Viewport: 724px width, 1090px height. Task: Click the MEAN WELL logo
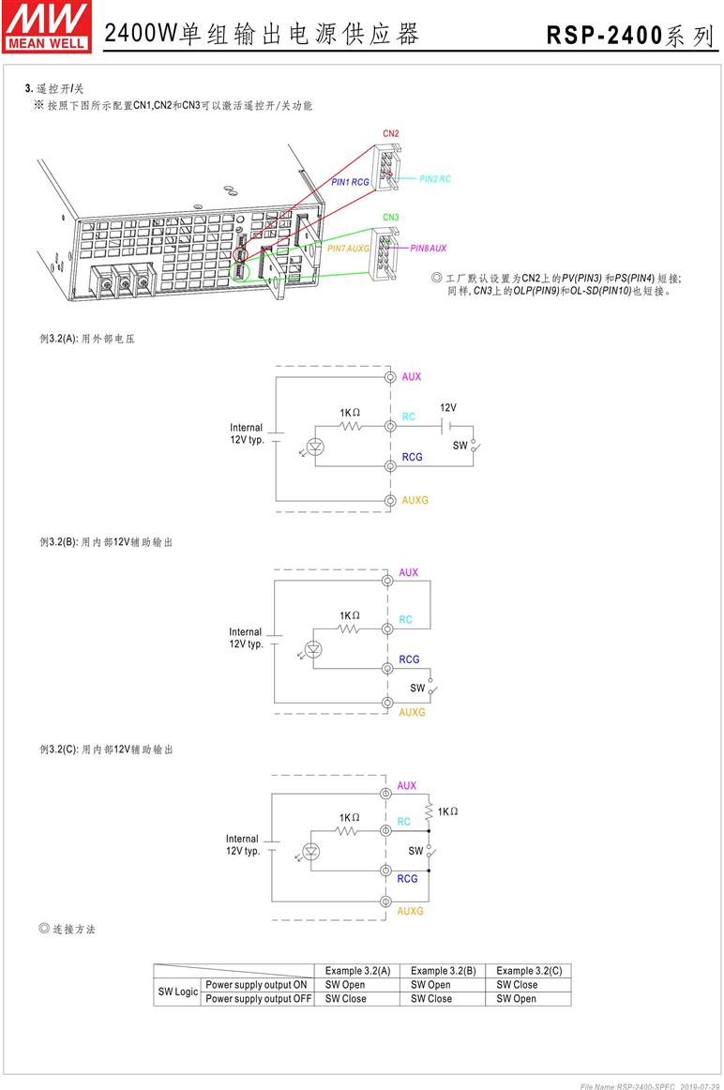[x=47, y=26]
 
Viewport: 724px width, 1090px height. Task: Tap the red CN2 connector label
[x=390, y=133]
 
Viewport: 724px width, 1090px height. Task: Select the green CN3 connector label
[x=390, y=217]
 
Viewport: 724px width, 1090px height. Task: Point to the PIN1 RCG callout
[x=350, y=182]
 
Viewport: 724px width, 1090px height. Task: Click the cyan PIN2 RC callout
[x=435, y=178]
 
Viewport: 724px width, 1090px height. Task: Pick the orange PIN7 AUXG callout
[x=348, y=249]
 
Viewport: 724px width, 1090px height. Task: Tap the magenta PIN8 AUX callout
[x=428, y=249]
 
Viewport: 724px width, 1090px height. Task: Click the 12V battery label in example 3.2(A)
[x=448, y=408]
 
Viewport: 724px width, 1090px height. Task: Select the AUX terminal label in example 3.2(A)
[x=412, y=377]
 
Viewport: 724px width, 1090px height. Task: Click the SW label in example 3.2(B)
[x=417, y=689]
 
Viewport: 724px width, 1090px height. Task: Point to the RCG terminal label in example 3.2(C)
[x=407, y=879]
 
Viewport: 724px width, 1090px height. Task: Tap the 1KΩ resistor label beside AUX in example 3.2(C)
[x=447, y=811]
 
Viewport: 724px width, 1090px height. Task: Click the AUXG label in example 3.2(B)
[x=412, y=713]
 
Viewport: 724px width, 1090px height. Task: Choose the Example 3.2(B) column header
[x=444, y=971]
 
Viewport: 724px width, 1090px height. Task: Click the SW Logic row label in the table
[x=178, y=992]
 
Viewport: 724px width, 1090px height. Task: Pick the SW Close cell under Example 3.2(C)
[x=517, y=985]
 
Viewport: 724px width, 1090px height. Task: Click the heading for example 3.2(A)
[x=87, y=339]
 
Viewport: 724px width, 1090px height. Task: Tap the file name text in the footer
[x=650, y=1086]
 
